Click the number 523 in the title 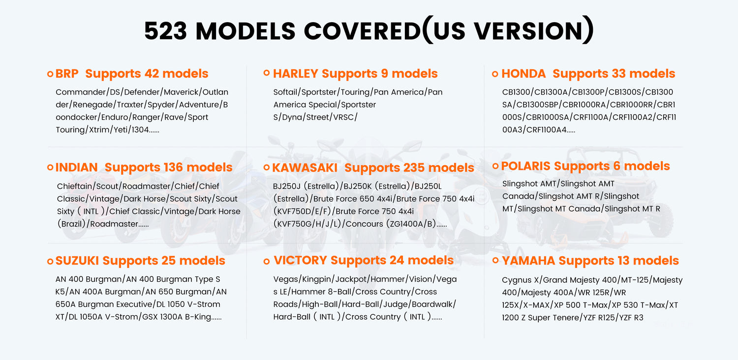[166, 31]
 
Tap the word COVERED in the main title [363, 31]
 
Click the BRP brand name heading [67, 73]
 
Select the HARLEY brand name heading [296, 73]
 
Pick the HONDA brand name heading [523, 73]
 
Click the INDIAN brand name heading [76, 167]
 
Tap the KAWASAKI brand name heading [305, 168]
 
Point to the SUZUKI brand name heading [77, 261]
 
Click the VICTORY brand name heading [300, 260]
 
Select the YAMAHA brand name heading [528, 261]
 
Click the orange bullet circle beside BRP [50, 74]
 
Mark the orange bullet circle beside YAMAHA [495, 260]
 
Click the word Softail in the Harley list [285, 92]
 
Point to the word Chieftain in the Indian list [74, 186]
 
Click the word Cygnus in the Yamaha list [517, 280]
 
